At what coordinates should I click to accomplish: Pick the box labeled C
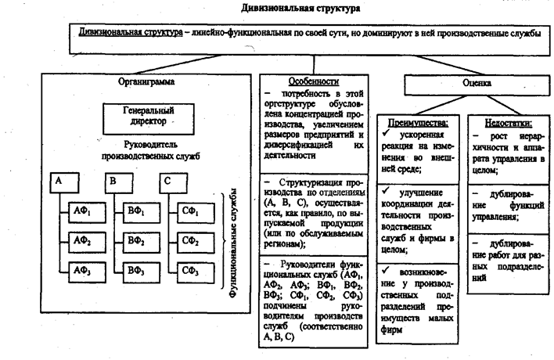(x=167, y=182)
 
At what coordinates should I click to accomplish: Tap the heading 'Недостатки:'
(x=502, y=123)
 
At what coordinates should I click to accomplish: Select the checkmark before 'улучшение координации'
(x=389, y=190)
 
